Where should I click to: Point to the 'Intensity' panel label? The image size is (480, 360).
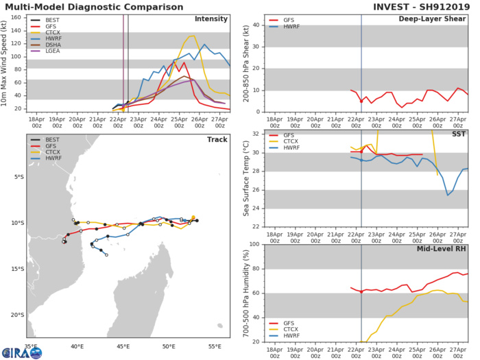point(211,19)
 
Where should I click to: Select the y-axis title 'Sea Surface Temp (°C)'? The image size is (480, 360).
point(237,179)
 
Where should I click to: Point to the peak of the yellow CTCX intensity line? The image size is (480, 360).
point(192,36)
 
